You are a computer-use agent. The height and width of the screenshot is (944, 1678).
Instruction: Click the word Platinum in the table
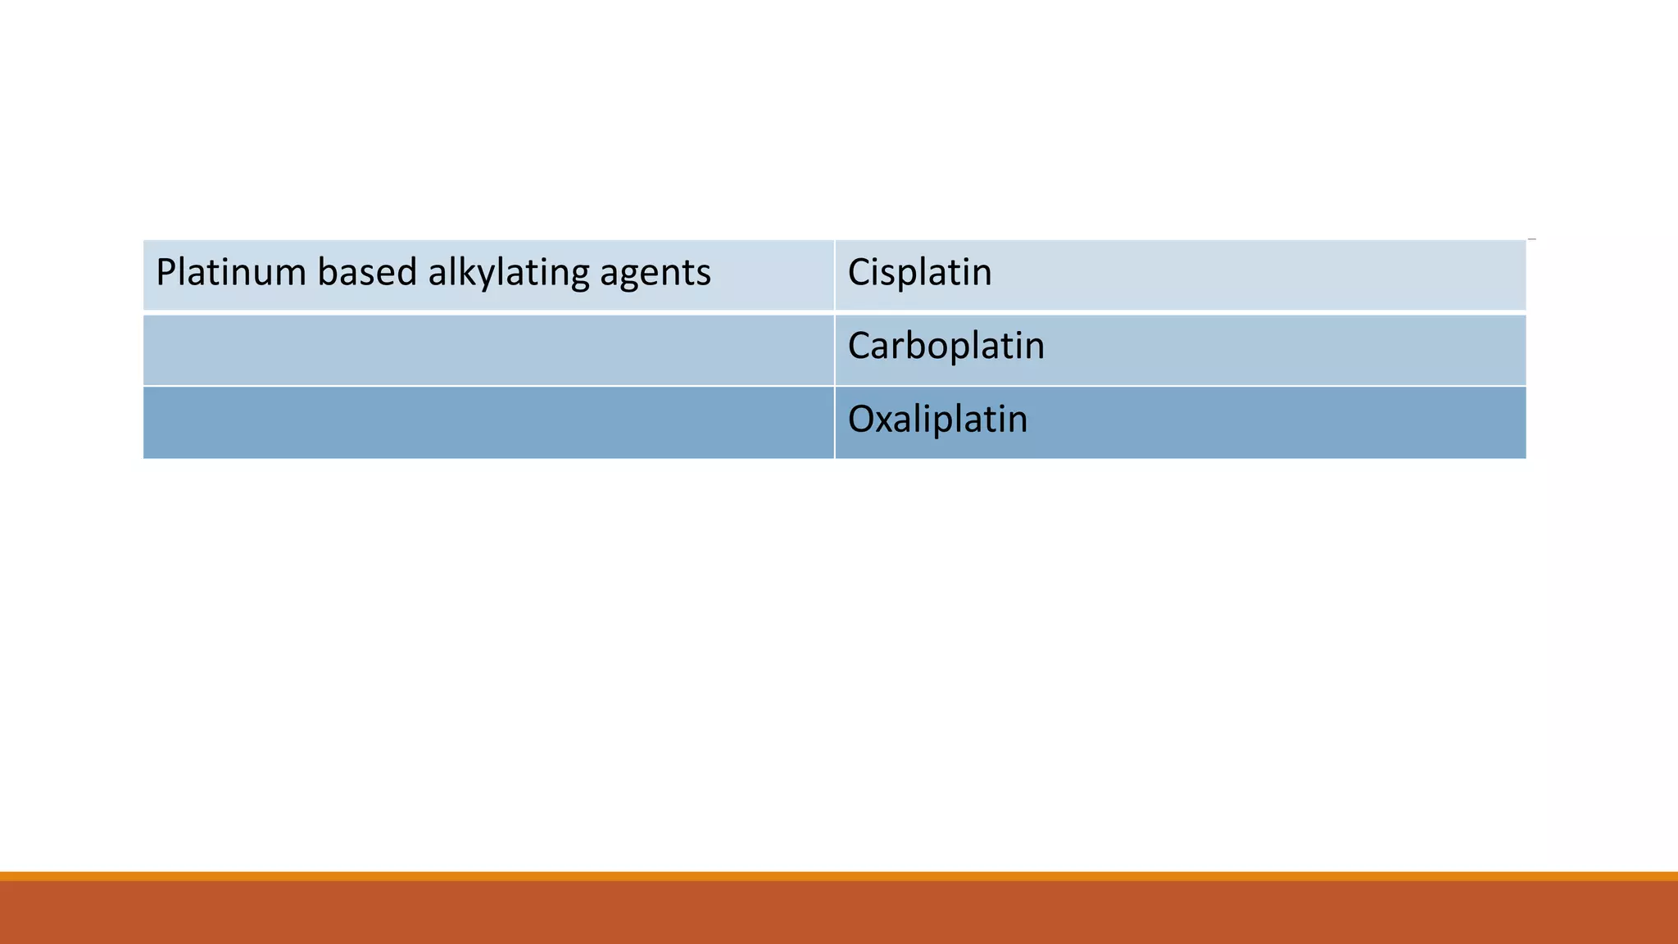coord(230,273)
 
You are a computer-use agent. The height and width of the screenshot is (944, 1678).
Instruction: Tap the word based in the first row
coord(367,273)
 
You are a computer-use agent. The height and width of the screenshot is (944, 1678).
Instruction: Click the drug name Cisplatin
coord(919,273)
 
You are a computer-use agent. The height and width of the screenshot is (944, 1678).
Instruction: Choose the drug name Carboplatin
coord(946,347)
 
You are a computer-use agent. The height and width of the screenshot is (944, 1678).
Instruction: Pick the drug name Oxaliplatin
coord(937,420)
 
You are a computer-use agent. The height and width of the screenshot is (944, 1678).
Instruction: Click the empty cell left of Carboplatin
coord(488,350)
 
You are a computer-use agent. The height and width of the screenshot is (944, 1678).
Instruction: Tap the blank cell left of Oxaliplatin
coord(488,423)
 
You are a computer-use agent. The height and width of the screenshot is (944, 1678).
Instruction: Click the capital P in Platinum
coord(165,273)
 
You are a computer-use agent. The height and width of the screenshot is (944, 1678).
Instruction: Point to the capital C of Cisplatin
coord(859,273)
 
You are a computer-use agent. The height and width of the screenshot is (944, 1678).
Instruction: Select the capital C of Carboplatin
coord(859,347)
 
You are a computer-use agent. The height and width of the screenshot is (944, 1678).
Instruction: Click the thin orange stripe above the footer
coord(839,876)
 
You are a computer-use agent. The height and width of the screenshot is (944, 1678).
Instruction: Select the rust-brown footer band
coord(839,913)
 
